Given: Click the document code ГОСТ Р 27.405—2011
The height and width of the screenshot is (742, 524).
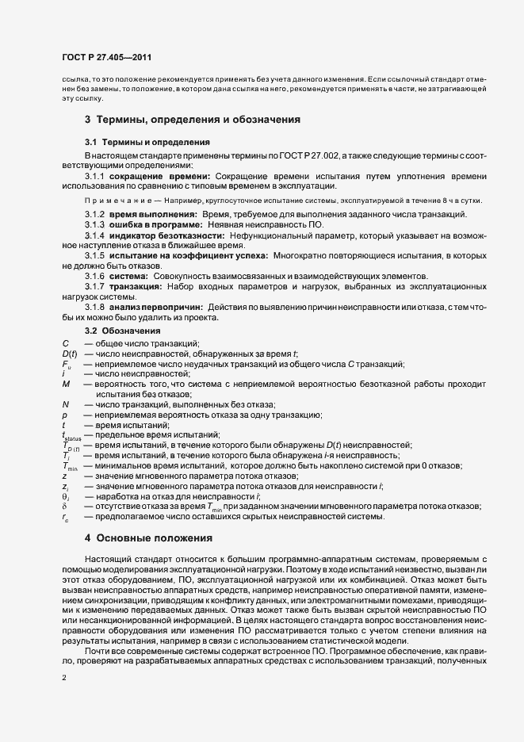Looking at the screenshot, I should (x=106, y=58).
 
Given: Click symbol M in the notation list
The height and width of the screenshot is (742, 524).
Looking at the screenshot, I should (x=66, y=383).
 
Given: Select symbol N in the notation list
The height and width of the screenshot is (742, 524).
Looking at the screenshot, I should (x=65, y=404).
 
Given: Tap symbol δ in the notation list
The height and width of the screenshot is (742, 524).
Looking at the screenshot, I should (x=64, y=507).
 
